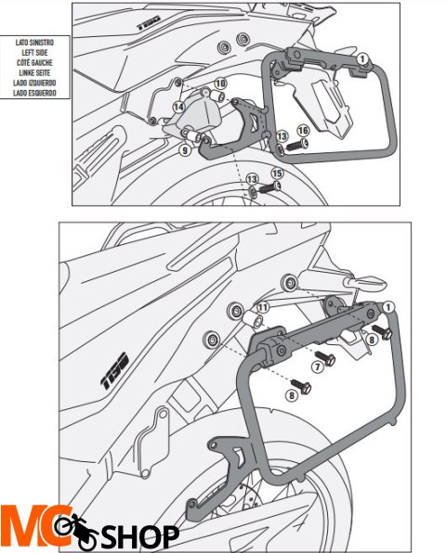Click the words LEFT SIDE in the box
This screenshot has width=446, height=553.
coord(34,53)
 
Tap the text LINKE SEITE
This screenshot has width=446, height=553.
coord(34,73)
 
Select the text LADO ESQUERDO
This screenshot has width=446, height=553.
coord(34,93)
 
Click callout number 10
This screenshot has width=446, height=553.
coord(221,84)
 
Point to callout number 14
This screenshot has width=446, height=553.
coord(178,107)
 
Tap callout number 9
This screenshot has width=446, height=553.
coord(185,150)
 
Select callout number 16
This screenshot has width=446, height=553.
coord(303,131)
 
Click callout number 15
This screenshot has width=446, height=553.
coord(277,174)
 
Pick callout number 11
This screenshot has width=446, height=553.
coord(262,307)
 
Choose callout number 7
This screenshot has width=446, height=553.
coord(318,367)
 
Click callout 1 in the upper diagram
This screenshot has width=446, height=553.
coord(362,58)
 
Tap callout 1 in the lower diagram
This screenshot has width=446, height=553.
coord(388,307)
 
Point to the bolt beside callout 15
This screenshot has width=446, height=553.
coord(270,187)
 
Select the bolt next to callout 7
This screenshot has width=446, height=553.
coord(325,357)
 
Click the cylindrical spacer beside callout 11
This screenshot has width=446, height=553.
coord(253,319)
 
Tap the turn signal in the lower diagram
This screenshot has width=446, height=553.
coord(364,282)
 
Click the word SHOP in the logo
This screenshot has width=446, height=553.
coord(140,537)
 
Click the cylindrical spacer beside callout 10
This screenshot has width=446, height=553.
coord(216,96)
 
